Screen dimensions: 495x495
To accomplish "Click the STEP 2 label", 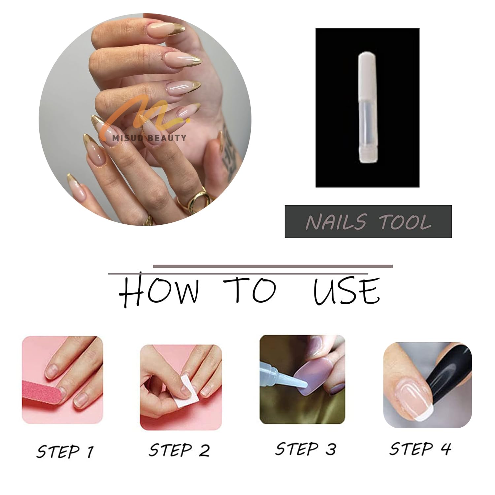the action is pyautogui.click(x=179, y=449).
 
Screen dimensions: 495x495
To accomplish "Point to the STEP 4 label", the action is pyautogui.click(x=420, y=449).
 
